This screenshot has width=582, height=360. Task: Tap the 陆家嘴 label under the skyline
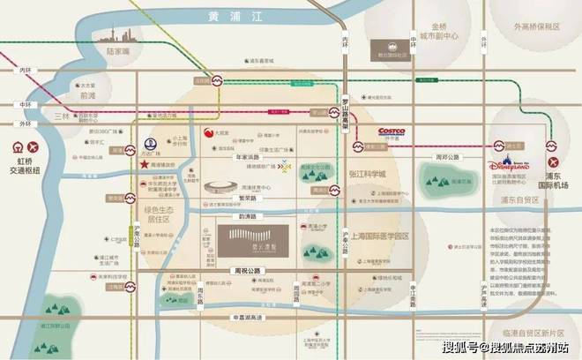(x=117, y=51)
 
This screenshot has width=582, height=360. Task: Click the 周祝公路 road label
(x=237, y=271)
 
